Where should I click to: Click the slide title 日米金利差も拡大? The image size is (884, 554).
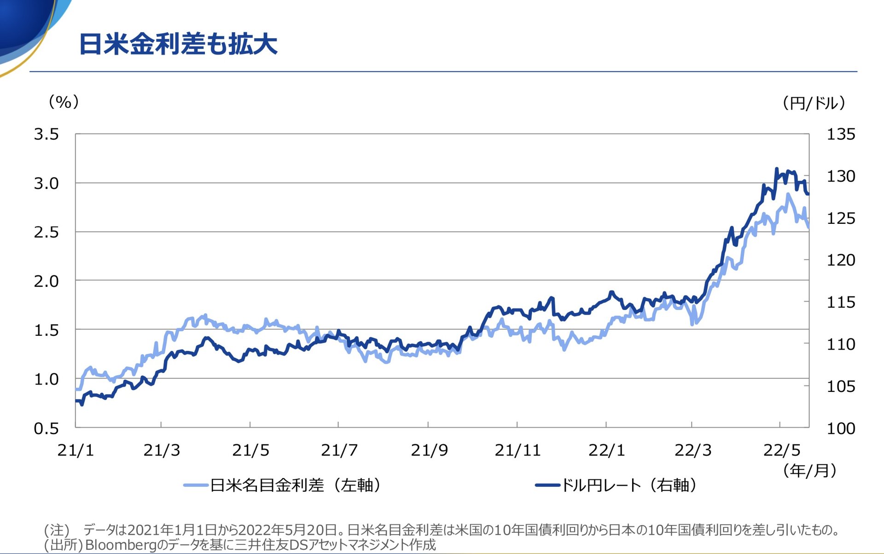point(178,45)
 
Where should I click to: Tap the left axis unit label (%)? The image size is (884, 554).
point(64,102)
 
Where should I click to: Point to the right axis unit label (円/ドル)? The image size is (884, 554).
point(814,103)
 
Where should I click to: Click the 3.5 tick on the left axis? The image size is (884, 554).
point(47,134)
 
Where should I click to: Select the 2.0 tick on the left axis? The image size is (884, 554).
point(47,281)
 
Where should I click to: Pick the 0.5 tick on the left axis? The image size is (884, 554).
point(47,428)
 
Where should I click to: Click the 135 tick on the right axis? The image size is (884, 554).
point(841,134)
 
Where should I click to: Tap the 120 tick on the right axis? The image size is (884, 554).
point(841,260)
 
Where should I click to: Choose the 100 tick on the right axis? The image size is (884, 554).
point(841,428)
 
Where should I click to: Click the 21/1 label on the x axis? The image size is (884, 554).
point(76,450)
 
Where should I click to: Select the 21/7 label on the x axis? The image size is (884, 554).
point(339,450)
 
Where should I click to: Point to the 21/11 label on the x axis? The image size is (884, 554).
point(518,450)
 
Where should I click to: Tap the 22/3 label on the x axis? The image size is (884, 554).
point(692,450)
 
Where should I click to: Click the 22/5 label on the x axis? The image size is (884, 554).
point(781,450)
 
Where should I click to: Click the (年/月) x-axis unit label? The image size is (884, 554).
point(809,470)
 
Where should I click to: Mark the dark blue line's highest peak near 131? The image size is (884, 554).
point(776,169)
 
